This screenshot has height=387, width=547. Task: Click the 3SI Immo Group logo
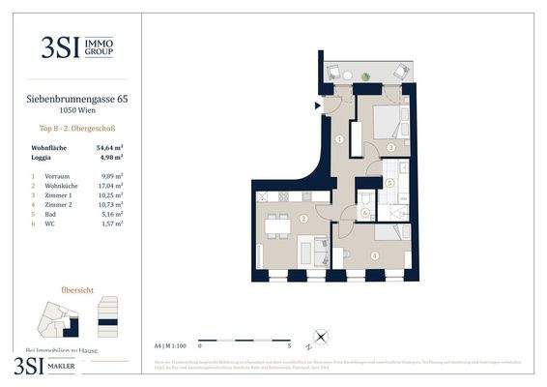click(70, 45)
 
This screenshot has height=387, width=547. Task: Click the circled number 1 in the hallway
click(339, 139)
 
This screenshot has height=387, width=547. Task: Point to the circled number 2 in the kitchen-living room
click(303, 220)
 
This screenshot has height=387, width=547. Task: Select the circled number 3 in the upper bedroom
click(389, 147)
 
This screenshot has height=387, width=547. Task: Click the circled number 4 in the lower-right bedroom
click(374, 254)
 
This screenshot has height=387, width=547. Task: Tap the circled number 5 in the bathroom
click(389, 182)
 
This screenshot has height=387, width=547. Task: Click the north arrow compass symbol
click(320, 341)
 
